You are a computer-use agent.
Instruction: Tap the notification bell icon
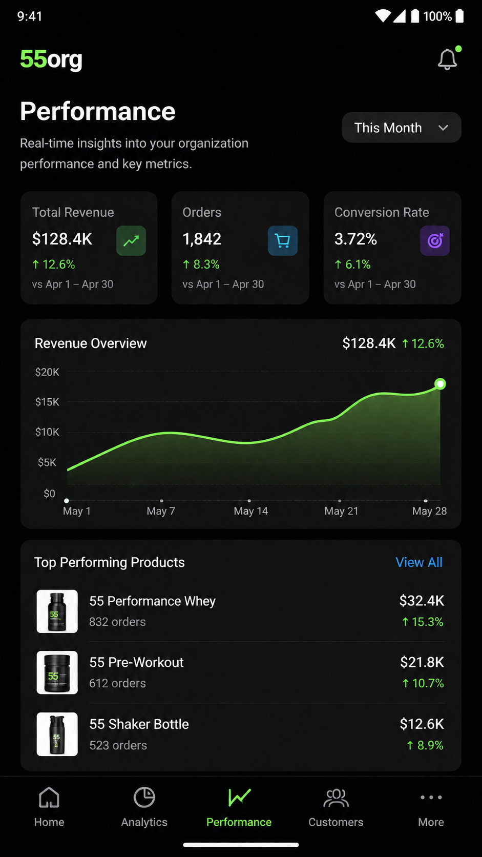point(447,59)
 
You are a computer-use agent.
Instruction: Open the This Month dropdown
point(402,128)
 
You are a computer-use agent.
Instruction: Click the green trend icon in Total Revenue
point(131,241)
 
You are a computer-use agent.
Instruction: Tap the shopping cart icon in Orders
point(282,241)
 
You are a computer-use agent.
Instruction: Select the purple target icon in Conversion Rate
point(434,241)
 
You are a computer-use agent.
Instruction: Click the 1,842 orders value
point(202,239)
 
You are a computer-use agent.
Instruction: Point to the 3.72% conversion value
point(355,239)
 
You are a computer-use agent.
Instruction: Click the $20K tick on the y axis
point(48,372)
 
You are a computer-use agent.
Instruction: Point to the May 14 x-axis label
point(251,511)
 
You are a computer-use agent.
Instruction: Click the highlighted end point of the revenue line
point(441,384)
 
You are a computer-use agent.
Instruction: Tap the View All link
point(419,562)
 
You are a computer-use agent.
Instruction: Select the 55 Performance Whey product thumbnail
point(57,611)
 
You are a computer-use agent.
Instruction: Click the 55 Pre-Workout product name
point(136,662)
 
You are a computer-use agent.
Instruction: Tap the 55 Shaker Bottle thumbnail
point(57,734)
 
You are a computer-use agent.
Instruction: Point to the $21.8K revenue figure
point(422,662)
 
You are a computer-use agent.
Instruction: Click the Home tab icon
point(49,798)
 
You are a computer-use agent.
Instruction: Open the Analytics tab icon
point(144,798)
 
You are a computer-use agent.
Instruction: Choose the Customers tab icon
point(336,798)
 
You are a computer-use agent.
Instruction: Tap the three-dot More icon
point(431,798)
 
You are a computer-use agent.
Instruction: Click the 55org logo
point(51,59)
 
